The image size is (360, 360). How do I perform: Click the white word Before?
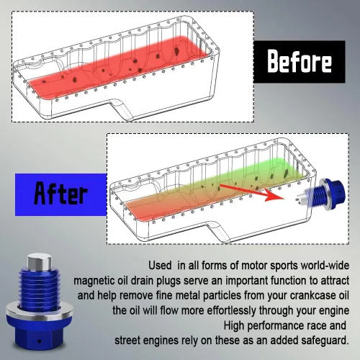coord(300,61)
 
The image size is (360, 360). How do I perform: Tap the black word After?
coord(60,193)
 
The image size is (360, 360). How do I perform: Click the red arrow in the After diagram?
coord(252,192)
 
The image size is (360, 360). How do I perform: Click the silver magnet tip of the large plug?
coord(40,261)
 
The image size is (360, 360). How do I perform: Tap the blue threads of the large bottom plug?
coord(40,288)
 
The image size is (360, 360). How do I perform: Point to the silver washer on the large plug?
coord(40,312)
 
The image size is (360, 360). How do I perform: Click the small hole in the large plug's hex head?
coord(40,341)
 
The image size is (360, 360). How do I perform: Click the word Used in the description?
coord(160,266)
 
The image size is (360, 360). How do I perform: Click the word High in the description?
coord(234,325)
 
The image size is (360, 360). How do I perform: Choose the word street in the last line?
coord(127,341)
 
